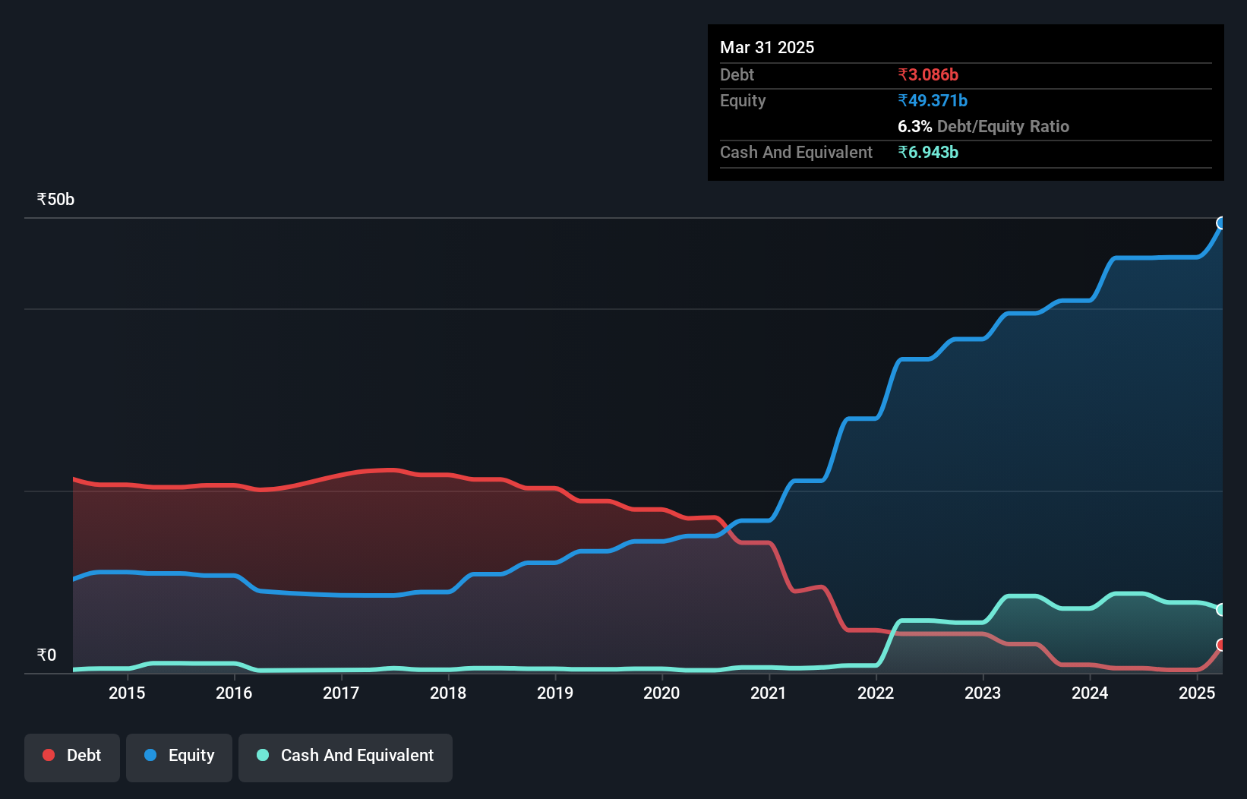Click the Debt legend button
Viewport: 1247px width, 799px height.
click(72, 756)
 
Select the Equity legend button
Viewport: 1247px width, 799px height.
click(179, 756)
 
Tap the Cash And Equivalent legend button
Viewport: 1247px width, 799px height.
click(346, 756)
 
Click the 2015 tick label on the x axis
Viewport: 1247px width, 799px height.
click(127, 693)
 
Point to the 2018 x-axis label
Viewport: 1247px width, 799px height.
click(448, 693)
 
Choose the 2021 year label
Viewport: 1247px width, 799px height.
click(769, 693)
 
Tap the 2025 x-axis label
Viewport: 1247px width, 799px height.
click(1197, 693)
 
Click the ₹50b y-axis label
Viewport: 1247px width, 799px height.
click(55, 200)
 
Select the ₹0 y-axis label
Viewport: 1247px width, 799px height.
click(46, 655)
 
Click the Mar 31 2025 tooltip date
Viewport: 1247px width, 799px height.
click(767, 47)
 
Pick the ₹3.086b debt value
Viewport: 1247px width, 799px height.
click(928, 74)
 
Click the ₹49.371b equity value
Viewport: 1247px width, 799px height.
click(933, 100)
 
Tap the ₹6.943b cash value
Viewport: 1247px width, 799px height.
click(928, 152)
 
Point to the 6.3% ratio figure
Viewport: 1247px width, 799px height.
click(914, 126)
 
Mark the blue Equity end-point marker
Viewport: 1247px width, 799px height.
click(1221, 223)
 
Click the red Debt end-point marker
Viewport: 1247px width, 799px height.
click(1221, 645)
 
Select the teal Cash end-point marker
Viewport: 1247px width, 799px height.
click(1221, 609)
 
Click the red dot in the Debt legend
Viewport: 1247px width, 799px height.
click(49, 755)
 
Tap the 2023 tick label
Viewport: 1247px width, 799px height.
click(983, 693)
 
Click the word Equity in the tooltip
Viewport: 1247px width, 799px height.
click(743, 100)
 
